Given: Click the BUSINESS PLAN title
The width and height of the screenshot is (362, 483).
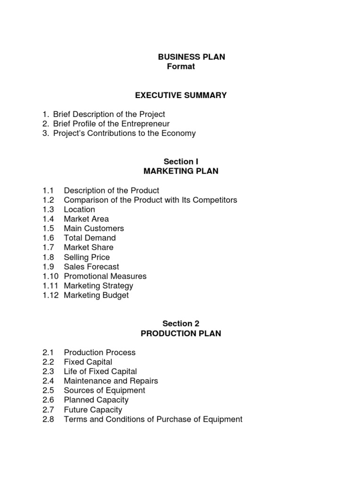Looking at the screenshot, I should click(191, 57).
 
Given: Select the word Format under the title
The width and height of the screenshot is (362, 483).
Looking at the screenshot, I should click(181, 67).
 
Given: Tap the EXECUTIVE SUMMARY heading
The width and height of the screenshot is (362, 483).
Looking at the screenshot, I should click(181, 95).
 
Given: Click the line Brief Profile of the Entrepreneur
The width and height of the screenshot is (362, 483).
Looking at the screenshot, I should click(111, 124).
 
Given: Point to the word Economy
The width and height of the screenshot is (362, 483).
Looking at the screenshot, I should click(179, 133).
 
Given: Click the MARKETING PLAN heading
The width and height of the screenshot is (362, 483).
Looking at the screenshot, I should click(181, 171).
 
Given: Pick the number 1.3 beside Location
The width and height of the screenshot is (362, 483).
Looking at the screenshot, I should click(48, 209).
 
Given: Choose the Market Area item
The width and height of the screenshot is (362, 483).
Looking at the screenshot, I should click(86, 219).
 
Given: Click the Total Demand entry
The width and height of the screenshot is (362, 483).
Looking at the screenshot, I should click(90, 238).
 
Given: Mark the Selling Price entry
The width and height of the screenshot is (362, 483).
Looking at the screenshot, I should click(87, 257).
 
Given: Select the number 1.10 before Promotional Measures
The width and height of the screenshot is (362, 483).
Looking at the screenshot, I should click(50, 276).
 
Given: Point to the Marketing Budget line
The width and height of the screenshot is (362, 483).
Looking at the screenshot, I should click(96, 295).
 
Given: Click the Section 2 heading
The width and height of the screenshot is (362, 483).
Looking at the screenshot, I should click(181, 324).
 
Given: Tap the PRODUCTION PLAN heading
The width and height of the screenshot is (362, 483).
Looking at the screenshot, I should click(181, 333).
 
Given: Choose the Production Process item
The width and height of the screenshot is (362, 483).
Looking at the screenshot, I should click(99, 352).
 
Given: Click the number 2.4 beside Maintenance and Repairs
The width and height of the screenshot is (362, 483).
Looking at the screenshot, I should click(48, 381).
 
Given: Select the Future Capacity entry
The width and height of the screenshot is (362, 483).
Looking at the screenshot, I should click(93, 409).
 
